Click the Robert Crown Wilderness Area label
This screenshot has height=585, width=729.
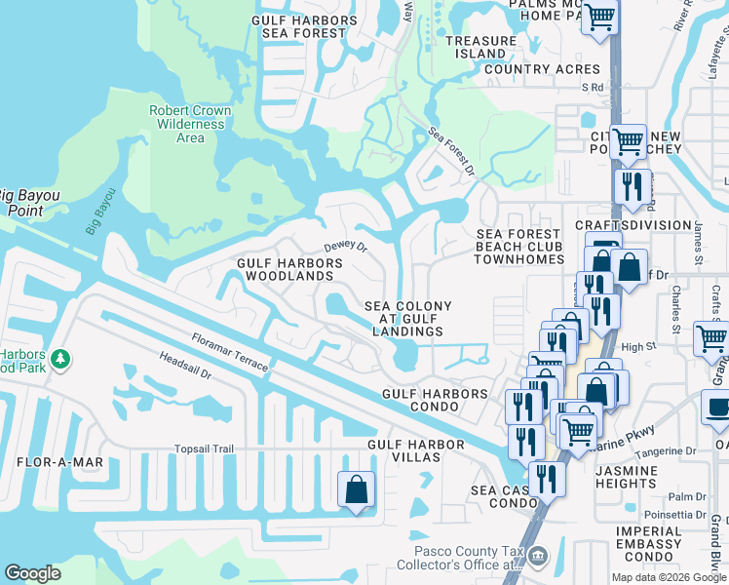click(190, 124)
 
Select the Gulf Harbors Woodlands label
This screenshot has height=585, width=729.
click(288, 270)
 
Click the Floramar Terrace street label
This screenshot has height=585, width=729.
click(230, 352)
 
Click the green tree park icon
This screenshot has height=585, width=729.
click(60, 360)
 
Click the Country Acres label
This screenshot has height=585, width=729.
click(542, 69)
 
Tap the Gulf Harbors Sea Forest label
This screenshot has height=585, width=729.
click(304, 26)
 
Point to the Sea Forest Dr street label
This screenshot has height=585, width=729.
click(451, 151)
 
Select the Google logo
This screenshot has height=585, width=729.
click(33, 573)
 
